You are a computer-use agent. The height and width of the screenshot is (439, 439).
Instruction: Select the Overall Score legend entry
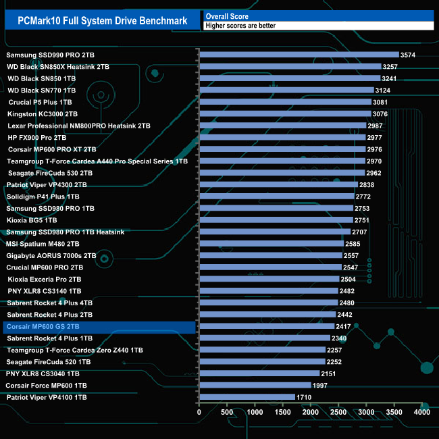pos(227,16)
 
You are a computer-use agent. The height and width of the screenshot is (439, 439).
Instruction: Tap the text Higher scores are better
pos(241,26)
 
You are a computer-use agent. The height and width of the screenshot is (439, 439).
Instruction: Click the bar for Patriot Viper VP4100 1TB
pos(247,397)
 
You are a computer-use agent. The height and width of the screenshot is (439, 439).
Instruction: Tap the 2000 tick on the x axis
pos(311,411)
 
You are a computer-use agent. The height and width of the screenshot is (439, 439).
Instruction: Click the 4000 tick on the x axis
pos(421,411)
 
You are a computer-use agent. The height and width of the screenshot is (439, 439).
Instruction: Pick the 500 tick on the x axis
pos(227,411)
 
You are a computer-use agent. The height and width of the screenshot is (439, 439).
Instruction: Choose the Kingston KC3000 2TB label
pos(42,114)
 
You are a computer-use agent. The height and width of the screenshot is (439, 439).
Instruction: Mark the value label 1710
pos(304,397)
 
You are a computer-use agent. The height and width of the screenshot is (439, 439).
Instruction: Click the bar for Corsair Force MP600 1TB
pos(255,385)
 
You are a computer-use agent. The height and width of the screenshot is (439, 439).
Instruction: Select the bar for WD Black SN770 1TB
pos(286,90)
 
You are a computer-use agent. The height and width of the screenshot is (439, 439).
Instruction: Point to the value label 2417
pos(343,326)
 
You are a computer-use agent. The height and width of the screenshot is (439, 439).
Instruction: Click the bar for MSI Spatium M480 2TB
pos(271,243)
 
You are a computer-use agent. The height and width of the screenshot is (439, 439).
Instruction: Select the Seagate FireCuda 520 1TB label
pos(48,362)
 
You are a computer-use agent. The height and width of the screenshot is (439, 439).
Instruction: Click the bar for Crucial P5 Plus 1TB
pos(285,102)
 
